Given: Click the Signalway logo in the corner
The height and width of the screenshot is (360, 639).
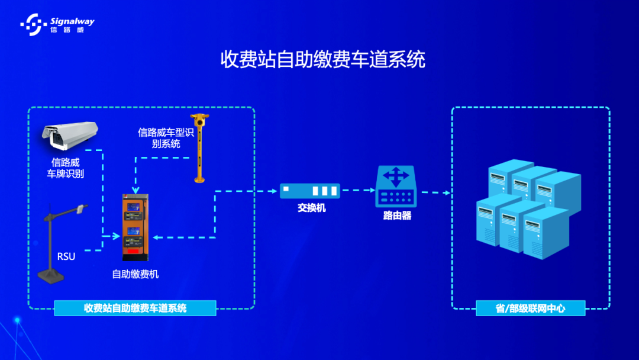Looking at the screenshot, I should coord(57,23).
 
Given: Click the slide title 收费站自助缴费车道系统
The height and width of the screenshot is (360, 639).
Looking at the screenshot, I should coord(322,60).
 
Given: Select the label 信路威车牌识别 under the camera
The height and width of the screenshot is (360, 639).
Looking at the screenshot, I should coord(65,168).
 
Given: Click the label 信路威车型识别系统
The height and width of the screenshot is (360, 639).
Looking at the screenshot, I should coord(166,138).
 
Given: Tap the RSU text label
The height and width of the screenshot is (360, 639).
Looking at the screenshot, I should coord(66,256).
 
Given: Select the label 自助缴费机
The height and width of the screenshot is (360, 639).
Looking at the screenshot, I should coord(135,274).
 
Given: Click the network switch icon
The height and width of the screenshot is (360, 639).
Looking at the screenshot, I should coord(311,191).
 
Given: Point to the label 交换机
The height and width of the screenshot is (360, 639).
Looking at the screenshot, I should coord(311,208).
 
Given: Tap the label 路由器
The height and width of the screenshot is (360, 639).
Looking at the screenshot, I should coord(397,216).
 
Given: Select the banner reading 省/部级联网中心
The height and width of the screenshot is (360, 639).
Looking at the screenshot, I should coord(530,308).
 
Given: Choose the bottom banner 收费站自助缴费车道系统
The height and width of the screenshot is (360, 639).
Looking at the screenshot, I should coord(135,308).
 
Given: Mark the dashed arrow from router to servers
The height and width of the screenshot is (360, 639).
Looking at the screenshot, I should coord(434,192).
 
